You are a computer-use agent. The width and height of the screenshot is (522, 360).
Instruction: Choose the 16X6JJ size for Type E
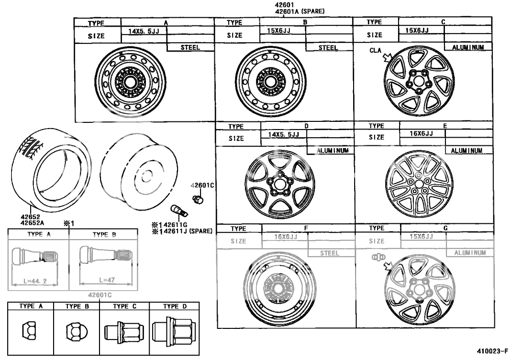pos(421,134)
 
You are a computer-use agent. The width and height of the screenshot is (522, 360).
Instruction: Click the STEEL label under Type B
pos(328,47)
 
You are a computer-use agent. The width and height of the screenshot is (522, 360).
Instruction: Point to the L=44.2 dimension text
pos(34,280)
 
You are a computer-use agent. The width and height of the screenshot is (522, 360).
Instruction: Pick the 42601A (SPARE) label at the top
pos(300,11)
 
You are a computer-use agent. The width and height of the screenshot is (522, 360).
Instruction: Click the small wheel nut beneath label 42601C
pos(196,198)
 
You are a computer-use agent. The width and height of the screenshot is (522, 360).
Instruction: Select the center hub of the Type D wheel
pos(278,184)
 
